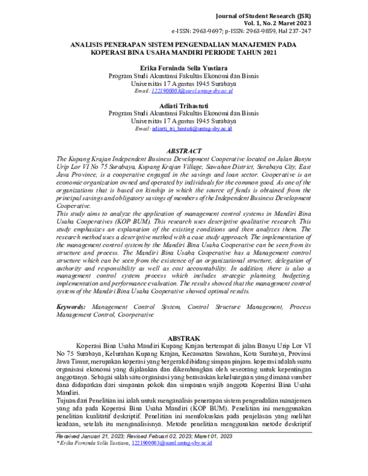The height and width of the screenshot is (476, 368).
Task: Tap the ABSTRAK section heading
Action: click(183, 337)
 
